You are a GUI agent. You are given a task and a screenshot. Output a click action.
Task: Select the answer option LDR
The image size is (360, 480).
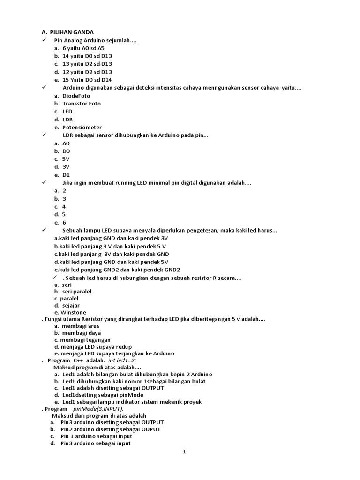(67, 120)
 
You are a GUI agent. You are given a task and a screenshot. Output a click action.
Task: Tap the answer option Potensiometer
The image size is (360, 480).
(82, 127)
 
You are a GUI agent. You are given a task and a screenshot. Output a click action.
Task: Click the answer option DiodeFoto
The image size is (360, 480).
(76, 96)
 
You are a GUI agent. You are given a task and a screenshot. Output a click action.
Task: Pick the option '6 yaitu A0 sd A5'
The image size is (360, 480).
(83, 48)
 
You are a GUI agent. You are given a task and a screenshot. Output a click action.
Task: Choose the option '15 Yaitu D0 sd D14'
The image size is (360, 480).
(87, 80)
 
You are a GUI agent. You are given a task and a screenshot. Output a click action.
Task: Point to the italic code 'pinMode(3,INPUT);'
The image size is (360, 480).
(98, 409)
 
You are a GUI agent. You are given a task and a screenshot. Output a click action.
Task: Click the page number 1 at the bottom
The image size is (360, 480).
(185, 452)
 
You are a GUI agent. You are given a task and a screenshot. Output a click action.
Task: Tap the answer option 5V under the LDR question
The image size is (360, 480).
(66, 159)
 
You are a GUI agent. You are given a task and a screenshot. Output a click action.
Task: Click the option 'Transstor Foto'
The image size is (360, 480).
(82, 104)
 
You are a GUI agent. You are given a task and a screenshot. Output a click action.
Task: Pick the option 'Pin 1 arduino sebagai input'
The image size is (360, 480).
(96, 436)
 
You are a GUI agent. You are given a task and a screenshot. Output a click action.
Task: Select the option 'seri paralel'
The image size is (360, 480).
(77, 292)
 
